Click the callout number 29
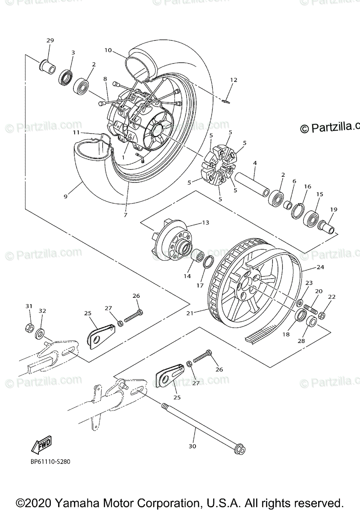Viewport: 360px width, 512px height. [x=50, y=41]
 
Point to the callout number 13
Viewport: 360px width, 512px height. [x=205, y=222]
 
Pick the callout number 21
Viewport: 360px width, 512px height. [x=190, y=313]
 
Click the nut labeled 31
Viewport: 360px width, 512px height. [x=29, y=328]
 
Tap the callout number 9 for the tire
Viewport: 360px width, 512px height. [x=65, y=197]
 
